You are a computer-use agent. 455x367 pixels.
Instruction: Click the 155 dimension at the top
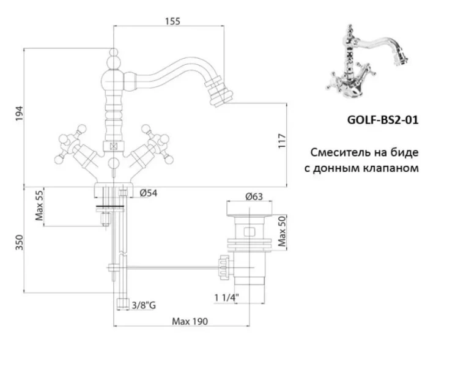click(x=172, y=21)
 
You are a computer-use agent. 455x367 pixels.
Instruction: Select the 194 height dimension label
click(x=18, y=114)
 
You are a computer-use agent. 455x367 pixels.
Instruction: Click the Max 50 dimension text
click(x=282, y=231)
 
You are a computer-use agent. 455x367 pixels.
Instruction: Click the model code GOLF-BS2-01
click(x=382, y=119)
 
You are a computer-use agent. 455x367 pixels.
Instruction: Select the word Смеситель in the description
click(x=340, y=151)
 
